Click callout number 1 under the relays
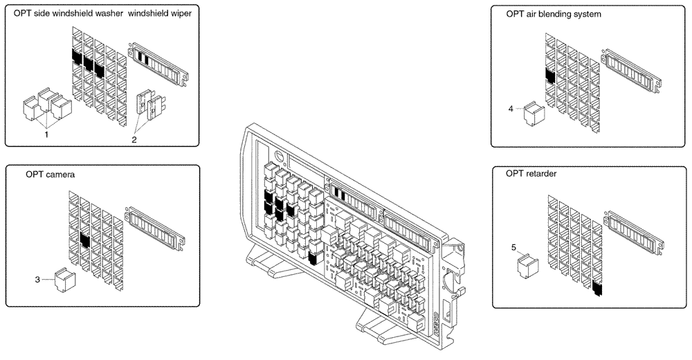click(46, 134)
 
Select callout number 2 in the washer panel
click(135, 138)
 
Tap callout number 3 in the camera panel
click(37, 280)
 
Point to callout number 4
click(511, 109)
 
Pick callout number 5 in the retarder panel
click(513, 246)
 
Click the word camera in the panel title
click(61, 175)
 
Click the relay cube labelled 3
click(64, 280)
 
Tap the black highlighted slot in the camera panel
click(84, 240)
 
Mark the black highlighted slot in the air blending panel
click(551, 75)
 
